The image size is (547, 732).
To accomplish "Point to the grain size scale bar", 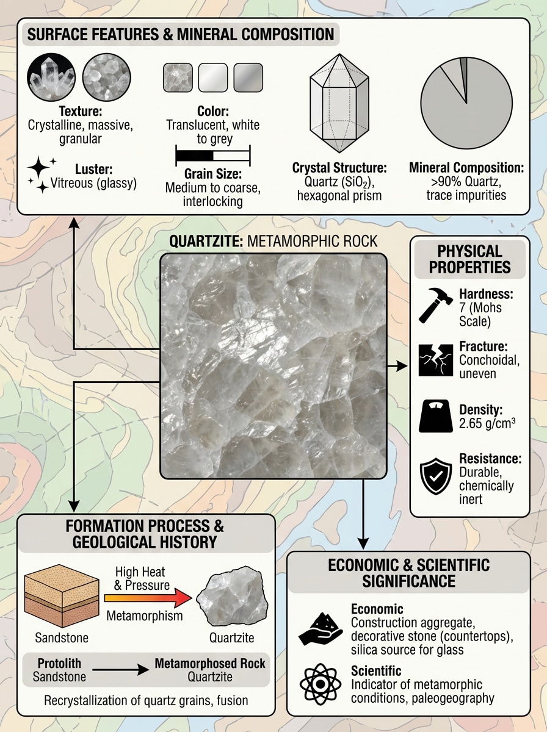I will [x=212, y=155].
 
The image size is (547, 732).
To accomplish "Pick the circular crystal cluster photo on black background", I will [x=51, y=77].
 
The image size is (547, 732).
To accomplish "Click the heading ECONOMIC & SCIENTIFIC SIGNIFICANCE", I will [x=408, y=572].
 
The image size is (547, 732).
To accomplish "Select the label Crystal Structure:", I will [x=339, y=167].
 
